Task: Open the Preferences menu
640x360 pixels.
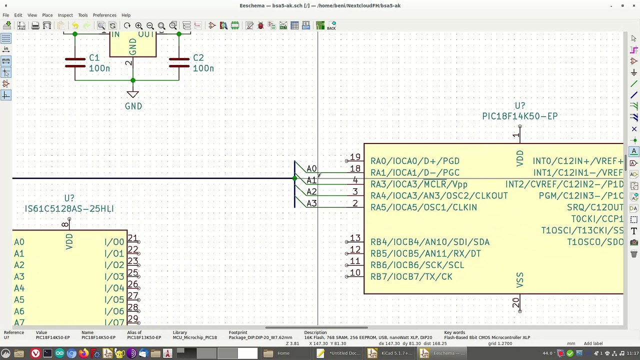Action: (104, 15)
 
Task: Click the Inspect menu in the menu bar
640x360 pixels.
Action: (65, 15)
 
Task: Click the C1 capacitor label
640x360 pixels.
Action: (94, 58)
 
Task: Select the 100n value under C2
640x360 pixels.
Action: (203, 68)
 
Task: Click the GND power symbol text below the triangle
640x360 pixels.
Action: (133, 106)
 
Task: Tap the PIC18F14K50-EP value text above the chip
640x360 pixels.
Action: (519, 116)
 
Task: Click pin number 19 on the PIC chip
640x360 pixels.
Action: (355, 157)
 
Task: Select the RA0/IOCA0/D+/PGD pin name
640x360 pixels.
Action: (414, 161)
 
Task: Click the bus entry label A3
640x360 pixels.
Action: (311, 203)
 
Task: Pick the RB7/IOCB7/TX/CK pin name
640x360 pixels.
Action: (411, 276)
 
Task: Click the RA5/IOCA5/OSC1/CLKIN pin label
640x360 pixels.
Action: (423, 207)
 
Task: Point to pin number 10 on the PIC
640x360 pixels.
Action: (355, 272)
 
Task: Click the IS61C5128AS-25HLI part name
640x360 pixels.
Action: (69, 208)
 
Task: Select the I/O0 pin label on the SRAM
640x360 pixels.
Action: (114, 242)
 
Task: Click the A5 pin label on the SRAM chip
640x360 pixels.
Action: (19, 299)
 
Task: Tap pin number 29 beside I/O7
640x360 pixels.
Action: (132, 318)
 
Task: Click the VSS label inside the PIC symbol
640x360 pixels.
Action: (519, 279)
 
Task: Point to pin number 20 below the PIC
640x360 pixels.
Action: (515, 302)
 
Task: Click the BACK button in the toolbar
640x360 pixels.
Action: (331, 25)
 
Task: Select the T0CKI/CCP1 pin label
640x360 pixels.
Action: (597, 219)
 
